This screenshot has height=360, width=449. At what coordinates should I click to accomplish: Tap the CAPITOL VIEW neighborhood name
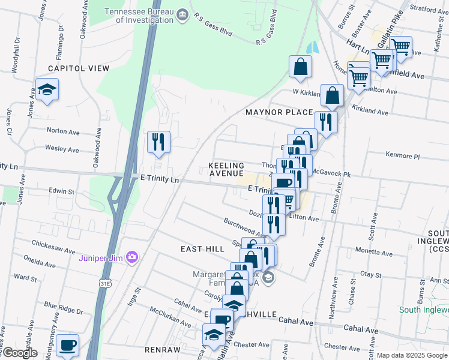coord(75,68)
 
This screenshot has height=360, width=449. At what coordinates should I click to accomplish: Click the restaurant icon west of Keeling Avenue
coord(158,143)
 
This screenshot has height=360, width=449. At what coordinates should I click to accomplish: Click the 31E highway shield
coord(106,283)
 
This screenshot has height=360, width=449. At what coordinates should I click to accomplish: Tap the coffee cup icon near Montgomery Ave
coord(68,345)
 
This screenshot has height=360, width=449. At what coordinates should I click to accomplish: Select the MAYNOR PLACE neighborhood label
coord(279,112)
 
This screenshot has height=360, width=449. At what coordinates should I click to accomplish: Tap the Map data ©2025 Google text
coord(411,355)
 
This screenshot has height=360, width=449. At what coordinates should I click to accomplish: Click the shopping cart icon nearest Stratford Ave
coord(400,47)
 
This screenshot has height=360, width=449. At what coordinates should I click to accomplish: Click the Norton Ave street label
coord(63,131)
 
